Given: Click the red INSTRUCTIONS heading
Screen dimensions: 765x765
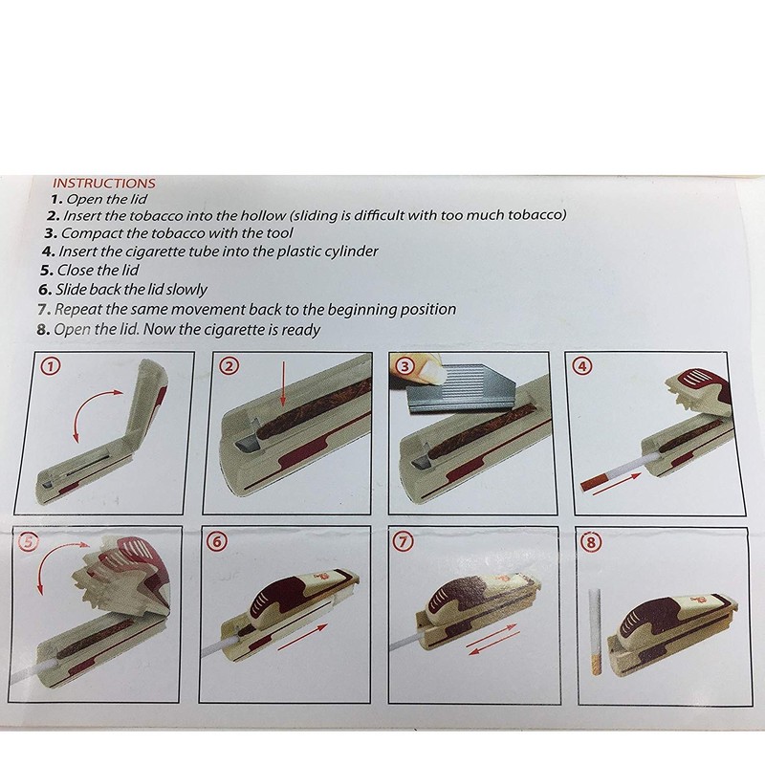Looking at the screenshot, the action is [104, 184].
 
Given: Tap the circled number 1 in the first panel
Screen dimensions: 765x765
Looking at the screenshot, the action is [53, 366].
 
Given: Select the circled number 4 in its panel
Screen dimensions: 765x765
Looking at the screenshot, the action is [584, 366].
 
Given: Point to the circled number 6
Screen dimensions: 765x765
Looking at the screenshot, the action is [217, 541].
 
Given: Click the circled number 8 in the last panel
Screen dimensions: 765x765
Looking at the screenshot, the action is [592, 542].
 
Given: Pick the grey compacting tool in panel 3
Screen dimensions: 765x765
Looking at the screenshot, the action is [461, 385].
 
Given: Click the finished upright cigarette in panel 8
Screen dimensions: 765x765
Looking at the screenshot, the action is [595, 632].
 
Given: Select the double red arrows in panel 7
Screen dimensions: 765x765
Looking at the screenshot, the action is [492, 639].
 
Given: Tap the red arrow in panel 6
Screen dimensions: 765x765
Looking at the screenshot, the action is [302, 636].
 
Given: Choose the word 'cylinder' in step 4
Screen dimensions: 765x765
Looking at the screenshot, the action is [352, 251].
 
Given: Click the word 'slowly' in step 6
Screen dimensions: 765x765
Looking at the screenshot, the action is [186, 290].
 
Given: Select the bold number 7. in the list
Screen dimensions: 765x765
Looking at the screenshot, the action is [44, 309].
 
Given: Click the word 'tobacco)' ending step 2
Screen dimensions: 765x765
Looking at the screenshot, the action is [537, 214].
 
